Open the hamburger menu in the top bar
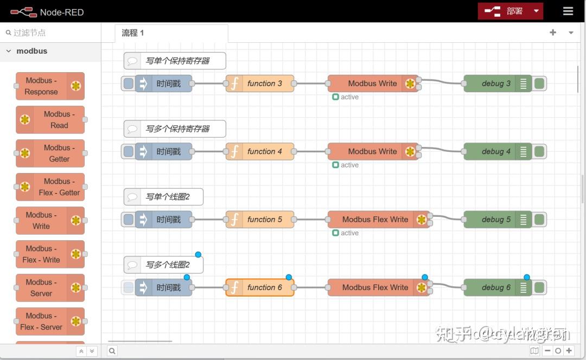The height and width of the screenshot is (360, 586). (568, 11)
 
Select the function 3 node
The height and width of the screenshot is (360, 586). (260, 83)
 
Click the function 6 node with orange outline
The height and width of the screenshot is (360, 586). (260, 287)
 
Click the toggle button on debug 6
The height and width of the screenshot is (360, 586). (539, 287)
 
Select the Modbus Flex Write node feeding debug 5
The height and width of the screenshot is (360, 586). (375, 220)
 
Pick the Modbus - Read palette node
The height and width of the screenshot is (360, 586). (50, 120)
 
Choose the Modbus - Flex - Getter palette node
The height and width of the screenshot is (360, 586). (50, 187)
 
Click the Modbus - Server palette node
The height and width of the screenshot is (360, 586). (50, 288)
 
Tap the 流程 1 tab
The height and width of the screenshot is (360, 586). (133, 33)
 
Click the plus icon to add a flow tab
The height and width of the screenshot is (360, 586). (552, 33)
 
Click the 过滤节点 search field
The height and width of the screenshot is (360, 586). (52, 33)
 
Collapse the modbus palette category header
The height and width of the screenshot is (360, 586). (31, 51)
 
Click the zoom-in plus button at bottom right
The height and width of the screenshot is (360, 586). (569, 351)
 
